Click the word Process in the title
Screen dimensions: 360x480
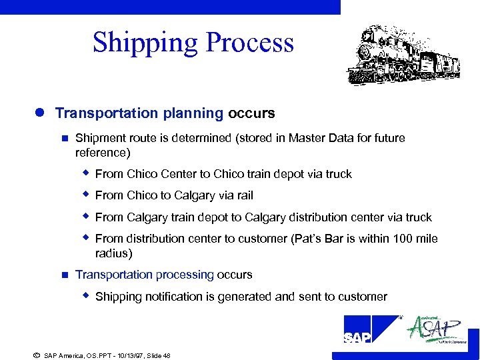(250, 42)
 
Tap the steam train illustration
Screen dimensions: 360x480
(403, 55)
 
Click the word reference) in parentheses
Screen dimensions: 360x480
(103, 153)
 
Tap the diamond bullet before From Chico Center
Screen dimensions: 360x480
(85, 173)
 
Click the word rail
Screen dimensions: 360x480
(243, 195)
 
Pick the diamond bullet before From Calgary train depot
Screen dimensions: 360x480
(85, 217)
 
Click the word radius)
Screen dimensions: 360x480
(114, 253)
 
